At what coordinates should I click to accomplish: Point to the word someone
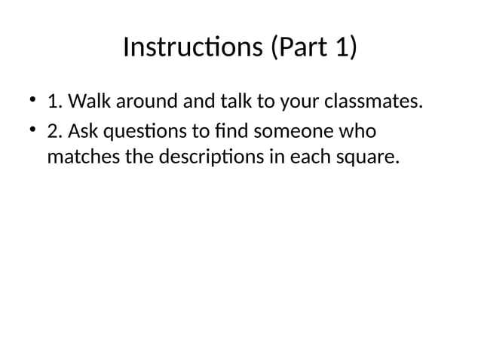coord(293,131)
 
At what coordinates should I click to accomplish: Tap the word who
coord(357,131)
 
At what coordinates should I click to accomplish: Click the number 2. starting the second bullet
coord(54,131)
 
